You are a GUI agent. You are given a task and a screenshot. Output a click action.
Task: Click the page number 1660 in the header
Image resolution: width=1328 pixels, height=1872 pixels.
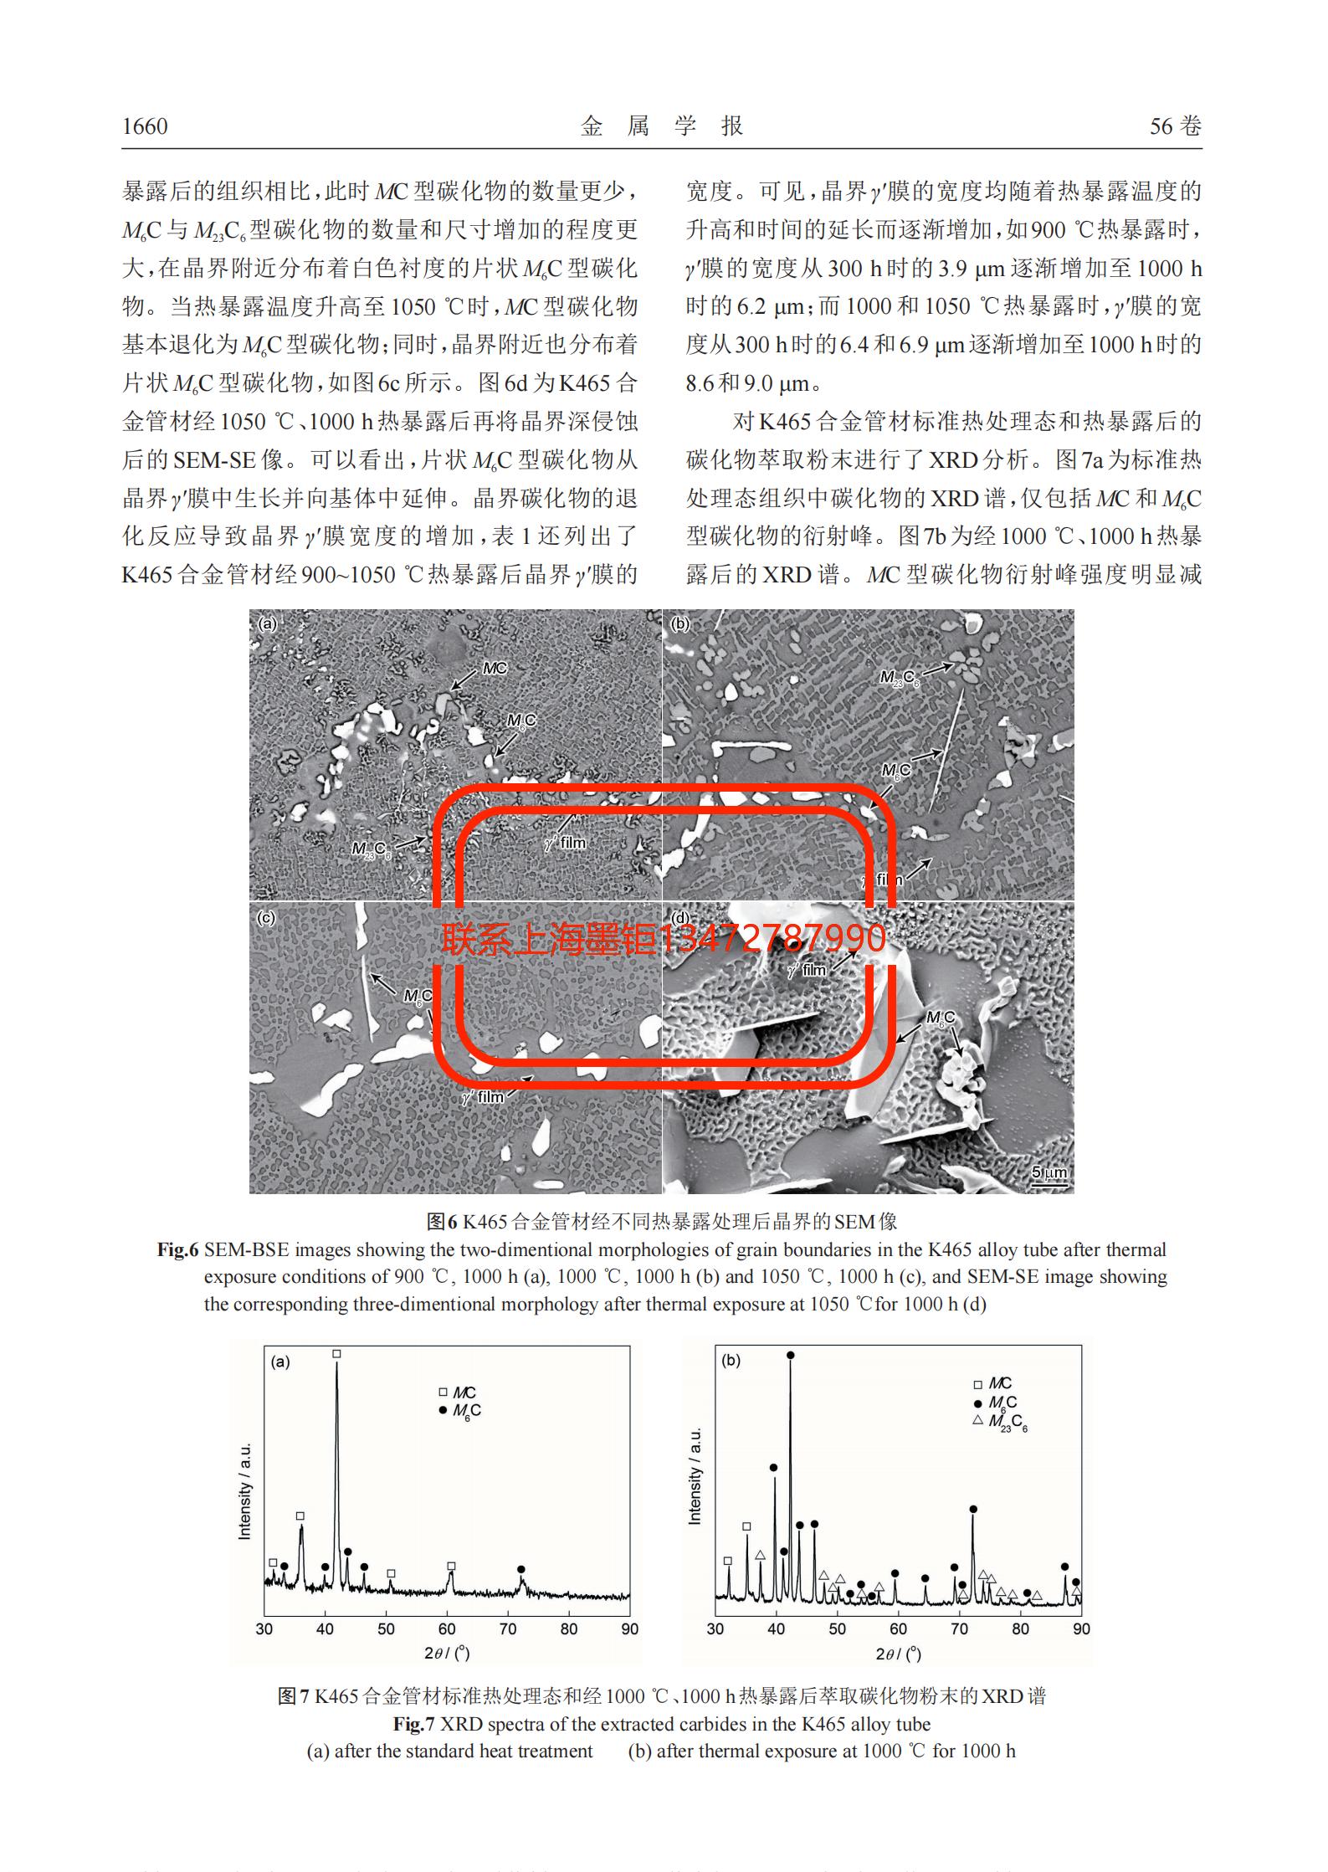[145, 126]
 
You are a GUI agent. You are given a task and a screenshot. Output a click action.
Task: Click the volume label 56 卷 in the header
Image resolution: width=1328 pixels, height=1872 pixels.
[1175, 126]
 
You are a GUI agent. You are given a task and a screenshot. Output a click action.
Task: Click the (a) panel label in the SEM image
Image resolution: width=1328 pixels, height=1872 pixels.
[268, 623]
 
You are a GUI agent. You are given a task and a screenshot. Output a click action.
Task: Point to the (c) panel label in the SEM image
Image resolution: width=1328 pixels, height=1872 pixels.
[266, 918]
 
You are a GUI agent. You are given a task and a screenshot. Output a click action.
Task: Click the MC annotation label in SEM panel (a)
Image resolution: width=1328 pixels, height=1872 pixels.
[495, 668]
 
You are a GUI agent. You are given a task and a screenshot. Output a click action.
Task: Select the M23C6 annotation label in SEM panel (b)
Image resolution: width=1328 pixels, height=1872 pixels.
[899, 678]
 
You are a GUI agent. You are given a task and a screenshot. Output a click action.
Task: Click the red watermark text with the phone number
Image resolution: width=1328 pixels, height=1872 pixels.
[663, 939]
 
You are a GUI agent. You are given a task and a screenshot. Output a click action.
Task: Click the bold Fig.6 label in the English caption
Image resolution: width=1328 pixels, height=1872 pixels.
[177, 1249]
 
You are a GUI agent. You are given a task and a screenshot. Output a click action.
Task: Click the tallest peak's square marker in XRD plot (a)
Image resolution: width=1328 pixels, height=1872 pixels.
[336, 1353]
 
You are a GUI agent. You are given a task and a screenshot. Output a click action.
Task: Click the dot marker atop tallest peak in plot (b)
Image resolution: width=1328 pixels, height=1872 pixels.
[790, 1355]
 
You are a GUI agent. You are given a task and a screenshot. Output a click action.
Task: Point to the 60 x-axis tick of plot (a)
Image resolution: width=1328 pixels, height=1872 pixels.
[447, 1628]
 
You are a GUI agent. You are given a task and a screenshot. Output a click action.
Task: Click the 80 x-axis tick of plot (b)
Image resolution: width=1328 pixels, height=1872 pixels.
[1020, 1628]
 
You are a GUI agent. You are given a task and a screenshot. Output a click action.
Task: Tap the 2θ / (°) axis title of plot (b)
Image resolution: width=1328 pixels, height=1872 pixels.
[898, 1654]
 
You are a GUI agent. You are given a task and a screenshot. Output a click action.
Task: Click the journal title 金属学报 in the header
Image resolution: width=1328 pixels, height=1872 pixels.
[662, 126]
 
